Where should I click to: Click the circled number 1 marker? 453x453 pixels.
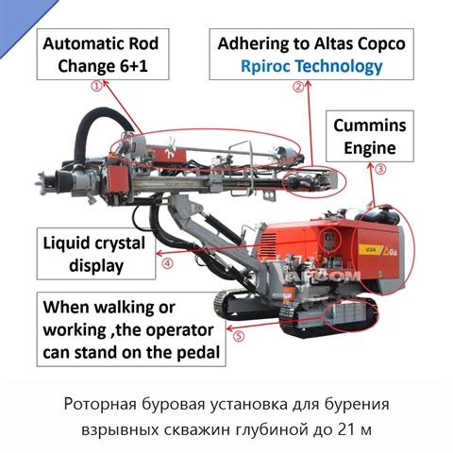pyautogui.click(x=97, y=86)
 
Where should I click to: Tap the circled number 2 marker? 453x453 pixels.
pyautogui.click(x=298, y=87)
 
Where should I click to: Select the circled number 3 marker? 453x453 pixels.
pyautogui.click(x=380, y=169)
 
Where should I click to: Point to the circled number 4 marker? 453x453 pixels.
pyautogui.click(x=167, y=263)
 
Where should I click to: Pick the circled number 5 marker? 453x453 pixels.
pyautogui.click(x=239, y=336)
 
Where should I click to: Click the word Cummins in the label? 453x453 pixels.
pyautogui.click(x=370, y=126)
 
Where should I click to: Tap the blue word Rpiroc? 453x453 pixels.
pyautogui.click(x=267, y=67)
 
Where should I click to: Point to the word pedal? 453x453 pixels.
pyautogui.click(x=198, y=352)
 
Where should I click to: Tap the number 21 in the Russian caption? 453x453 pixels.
pyautogui.click(x=345, y=429)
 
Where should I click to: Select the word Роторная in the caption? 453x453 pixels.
pyautogui.click(x=100, y=404)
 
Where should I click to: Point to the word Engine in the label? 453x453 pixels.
pyautogui.click(x=370, y=148)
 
